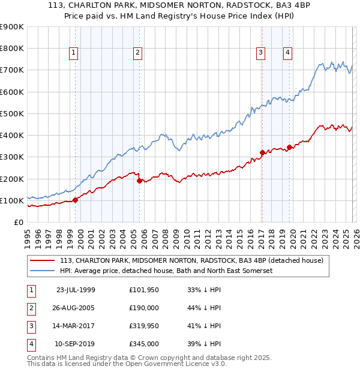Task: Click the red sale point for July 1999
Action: (76, 200)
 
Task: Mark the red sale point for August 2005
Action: (140, 181)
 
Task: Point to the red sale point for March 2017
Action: (262, 152)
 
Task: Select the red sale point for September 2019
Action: (289, 147)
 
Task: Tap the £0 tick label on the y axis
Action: (19, 222)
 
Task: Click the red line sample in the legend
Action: (43, 261)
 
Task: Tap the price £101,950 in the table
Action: (143, 290)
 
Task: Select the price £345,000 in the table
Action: (143, 344)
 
